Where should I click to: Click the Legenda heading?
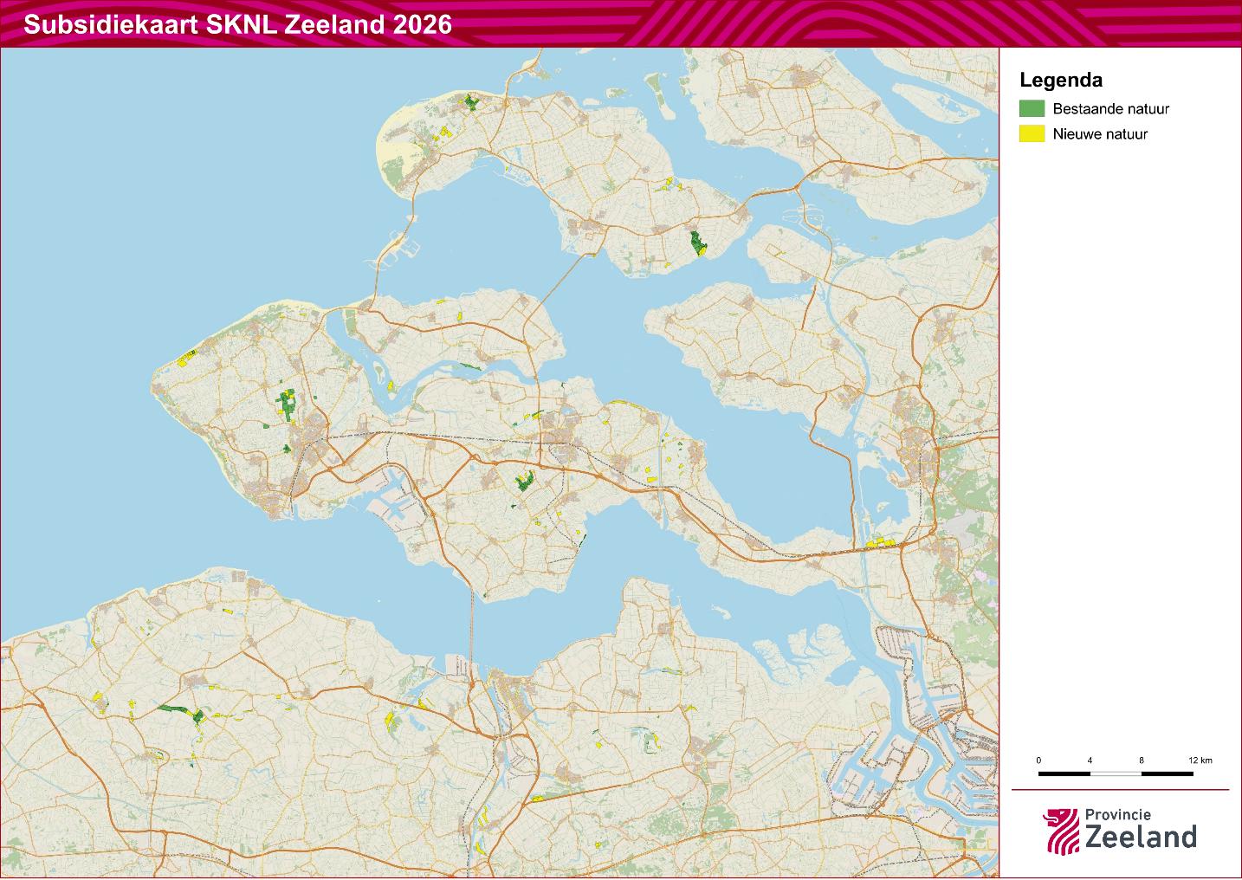(1061, 81)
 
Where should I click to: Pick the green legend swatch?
(1032, 109)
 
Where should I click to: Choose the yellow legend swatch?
(1032, 134)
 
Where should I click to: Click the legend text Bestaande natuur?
(1111, 109)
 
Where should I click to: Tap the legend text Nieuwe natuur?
(1100, 134)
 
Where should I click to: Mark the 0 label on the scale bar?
(1038, 760)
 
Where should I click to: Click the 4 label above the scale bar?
(1090, 760)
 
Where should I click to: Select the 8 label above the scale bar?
(1142, 760)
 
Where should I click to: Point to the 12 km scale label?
(1200, 760)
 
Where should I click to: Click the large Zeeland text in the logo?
(1140, 837)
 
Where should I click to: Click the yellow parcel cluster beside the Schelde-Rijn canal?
(880, 542)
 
